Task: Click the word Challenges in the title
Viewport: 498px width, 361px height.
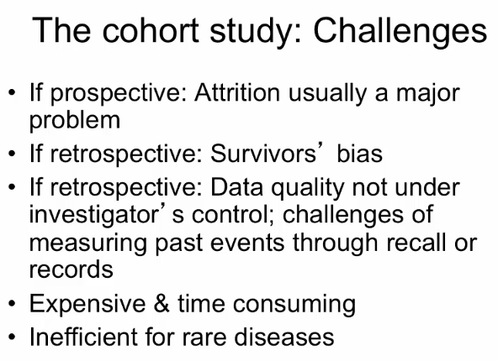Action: (400, 32)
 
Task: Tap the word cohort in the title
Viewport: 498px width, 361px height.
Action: (151, 30)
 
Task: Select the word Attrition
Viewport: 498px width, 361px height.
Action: (237, 93)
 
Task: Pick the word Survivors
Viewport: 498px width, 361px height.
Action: (263, 153)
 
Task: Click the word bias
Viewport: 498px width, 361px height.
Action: (359, 153)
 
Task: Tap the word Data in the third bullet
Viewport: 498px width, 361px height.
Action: (236, 187)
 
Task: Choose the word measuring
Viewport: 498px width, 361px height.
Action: (88, 244)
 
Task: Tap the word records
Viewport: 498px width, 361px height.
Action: (72, 269)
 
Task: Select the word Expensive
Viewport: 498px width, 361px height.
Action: (87, 304)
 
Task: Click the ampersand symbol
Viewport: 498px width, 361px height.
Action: (162, 303)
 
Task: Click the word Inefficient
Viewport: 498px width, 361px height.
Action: (84, 337)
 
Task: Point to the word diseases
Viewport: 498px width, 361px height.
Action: (284, 337)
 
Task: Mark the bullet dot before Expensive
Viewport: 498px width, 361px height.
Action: (12, 303)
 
